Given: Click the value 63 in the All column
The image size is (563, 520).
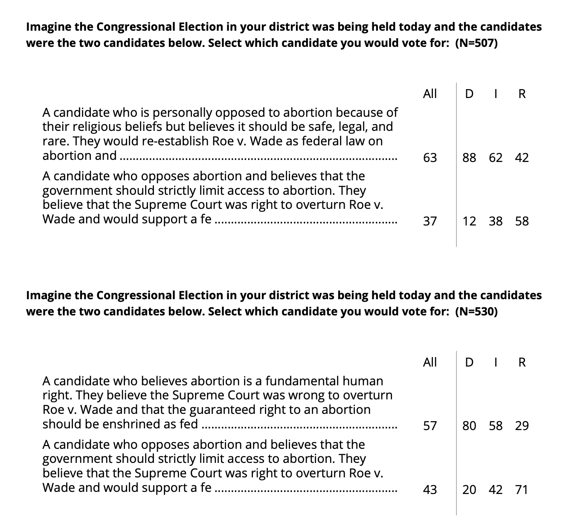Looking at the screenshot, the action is point(430,158).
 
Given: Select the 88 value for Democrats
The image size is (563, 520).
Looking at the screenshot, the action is point(469,158).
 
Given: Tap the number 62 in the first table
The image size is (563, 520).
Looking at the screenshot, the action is point(496,158).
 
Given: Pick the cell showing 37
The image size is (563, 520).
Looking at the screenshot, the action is point(430,221).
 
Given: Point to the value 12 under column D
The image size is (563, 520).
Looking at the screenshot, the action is point(469,221).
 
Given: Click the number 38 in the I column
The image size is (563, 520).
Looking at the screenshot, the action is point(496,221).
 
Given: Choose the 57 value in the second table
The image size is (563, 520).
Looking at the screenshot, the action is point(430,426).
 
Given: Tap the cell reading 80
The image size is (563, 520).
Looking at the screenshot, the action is point(469,426).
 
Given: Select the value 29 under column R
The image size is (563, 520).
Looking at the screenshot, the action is point(522,426).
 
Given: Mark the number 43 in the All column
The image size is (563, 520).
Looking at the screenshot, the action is point(430,490).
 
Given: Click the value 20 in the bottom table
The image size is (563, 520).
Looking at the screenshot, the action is point(469,490).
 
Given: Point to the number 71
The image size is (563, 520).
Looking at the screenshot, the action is point(522,490).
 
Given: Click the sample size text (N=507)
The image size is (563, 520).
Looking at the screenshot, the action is point(476,43).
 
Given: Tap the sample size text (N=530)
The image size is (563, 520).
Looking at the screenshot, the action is point(476,312).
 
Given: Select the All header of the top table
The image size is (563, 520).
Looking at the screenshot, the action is point(430,94).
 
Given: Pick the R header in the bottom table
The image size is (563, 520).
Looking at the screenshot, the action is point(522,363).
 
